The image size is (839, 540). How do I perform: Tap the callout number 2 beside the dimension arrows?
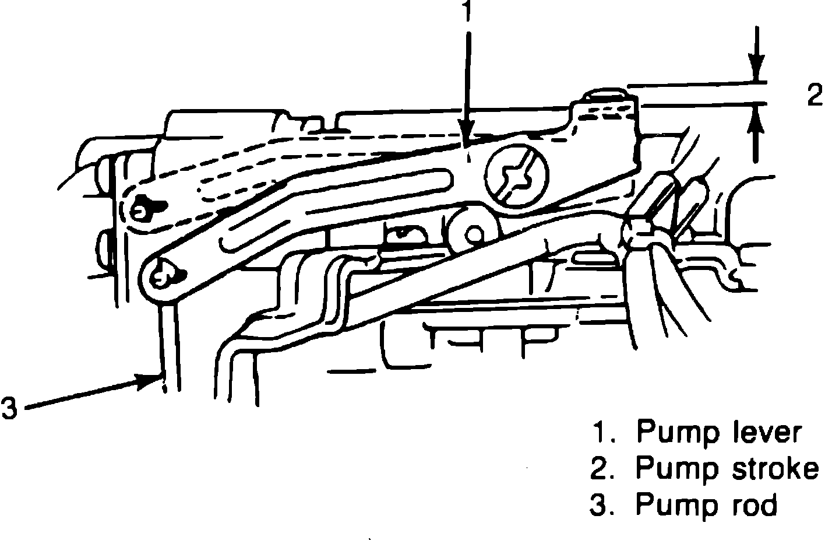(815, 95)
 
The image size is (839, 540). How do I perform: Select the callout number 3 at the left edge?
(10, 408)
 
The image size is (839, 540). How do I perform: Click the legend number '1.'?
(603, 433)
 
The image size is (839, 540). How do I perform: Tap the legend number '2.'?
(603, 469)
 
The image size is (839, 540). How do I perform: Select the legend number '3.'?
(603, 505)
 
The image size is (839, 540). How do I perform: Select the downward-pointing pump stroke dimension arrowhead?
(756, 71)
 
